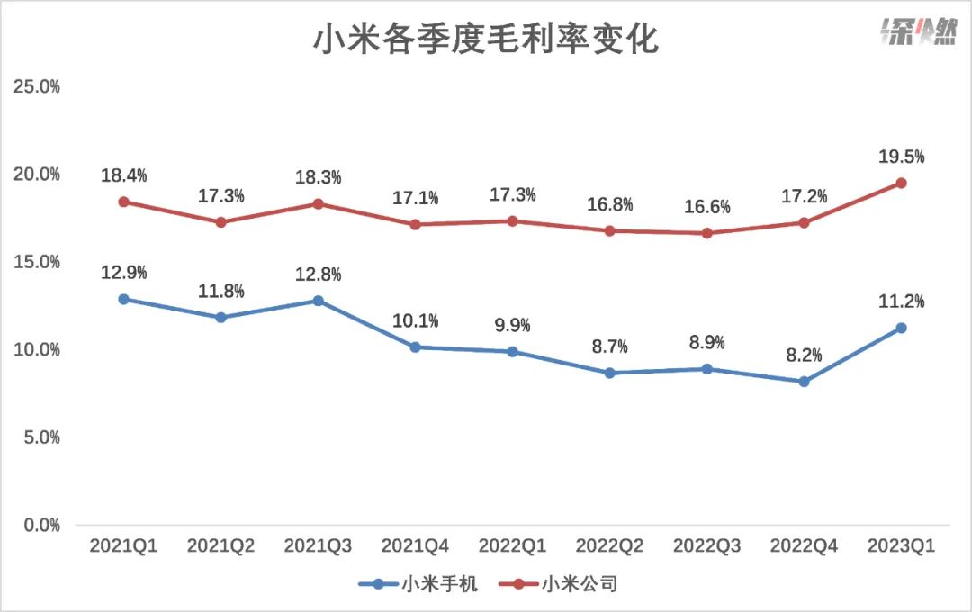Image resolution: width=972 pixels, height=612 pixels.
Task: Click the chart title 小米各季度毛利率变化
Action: click(x=485, y=39)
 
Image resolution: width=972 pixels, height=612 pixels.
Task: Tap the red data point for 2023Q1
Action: click(x=901, y=184)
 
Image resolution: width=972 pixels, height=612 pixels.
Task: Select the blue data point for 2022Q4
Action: click(x=804, y=382)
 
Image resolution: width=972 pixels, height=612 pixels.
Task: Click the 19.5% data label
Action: click(x=901, y=157)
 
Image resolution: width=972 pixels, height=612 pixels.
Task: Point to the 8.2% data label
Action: click(x=804, y=355)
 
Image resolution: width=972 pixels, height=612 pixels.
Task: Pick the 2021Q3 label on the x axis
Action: click(x=318, y=546)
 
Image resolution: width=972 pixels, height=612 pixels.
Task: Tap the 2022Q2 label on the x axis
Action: click(x=609, y=546)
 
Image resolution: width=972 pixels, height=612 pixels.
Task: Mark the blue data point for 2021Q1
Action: click(x=123, y=299)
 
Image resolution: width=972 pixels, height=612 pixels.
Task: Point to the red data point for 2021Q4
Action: click(x=415, y=224)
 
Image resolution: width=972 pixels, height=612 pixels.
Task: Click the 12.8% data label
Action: click(x=318, y=274)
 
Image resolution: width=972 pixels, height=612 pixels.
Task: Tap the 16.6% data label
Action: click(x=706, y=206)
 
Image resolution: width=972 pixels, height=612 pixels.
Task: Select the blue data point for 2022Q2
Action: click(x=609, y=373)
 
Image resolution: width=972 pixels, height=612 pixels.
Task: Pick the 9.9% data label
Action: click(x=512, y=325)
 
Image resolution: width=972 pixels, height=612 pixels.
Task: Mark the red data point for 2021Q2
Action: click(x=220, y=222)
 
